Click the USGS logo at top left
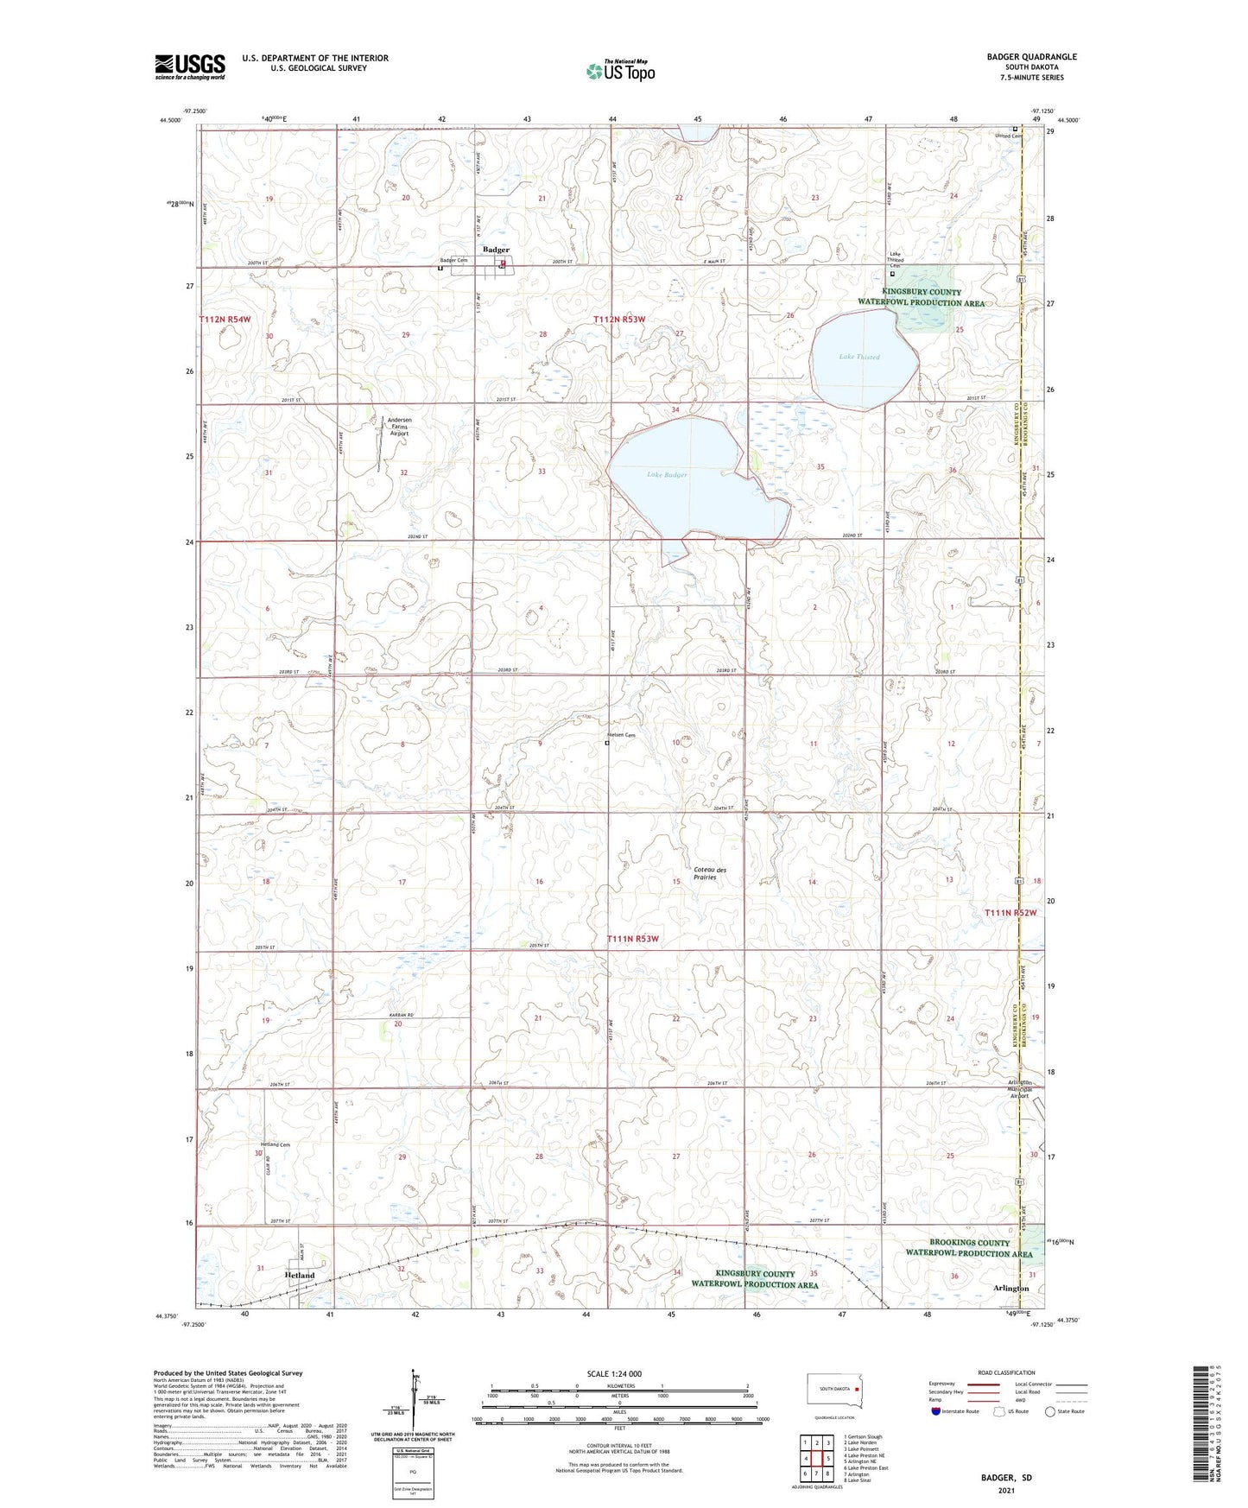coord(190,67)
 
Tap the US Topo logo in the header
coord(620,71)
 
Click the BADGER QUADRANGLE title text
coord(1031,57)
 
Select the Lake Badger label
coord(667,474)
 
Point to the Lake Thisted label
coord(858,357)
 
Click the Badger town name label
coord(496,250)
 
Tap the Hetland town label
coord(300,1275)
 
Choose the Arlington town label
coord(1010,1288)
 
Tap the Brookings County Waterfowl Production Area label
coord(968,1248)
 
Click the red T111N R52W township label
coord(1010,913)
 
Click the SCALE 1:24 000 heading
coord(620,1373)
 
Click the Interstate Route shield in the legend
coord(936,1411)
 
